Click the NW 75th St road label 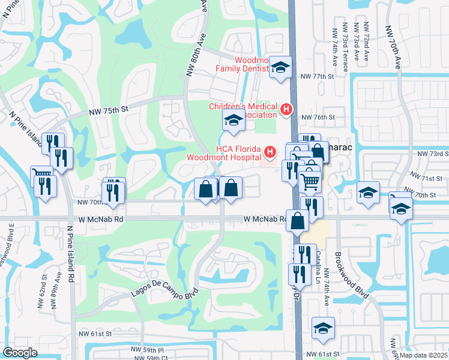[x=109, y=110]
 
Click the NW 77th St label [x=316, y=77]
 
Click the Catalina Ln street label [x=315, y=263]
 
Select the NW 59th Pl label [x=149, y=350]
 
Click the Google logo [x=20, y=353]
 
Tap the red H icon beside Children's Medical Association [x=286, y=110]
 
